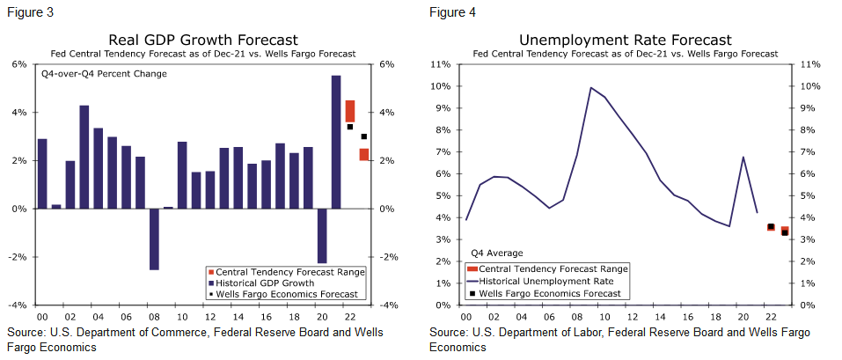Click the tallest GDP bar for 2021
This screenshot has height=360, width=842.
[336, 141]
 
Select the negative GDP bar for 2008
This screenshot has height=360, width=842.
[154, 239]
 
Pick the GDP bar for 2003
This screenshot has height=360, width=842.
[84, 157]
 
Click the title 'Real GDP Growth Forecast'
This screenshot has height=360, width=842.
[202, 40]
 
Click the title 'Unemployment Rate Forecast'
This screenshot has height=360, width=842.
[625, 40]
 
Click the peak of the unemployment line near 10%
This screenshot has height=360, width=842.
[590, 88]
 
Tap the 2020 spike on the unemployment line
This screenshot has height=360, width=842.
[743, 158]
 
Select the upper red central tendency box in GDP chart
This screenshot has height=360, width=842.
[350, 111]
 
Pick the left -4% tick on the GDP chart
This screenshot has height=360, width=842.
[17, 305]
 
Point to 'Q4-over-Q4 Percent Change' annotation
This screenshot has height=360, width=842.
[105, 74]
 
